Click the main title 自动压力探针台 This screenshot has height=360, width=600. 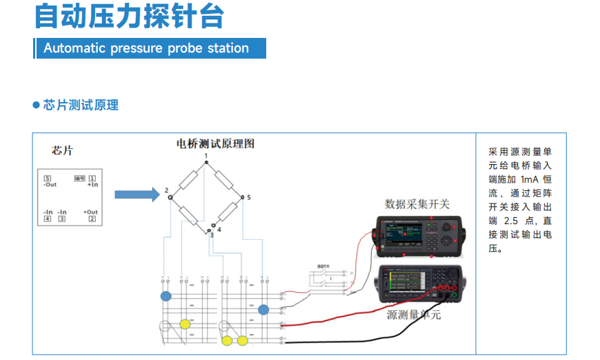[x=129, y=16]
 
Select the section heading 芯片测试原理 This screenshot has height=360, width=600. [x=81, y=105]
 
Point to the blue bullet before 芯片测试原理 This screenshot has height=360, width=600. [x=36, y=105]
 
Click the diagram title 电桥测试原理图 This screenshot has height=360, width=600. [x=216, y=144]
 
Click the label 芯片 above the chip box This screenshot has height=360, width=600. [x=62, y=150]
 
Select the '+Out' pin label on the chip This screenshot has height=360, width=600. [x=90, y=212]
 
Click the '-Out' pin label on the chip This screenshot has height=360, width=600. [x=50, y=185]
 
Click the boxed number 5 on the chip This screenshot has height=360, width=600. [x=48, y=179]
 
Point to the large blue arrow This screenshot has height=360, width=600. [x=137, y=194]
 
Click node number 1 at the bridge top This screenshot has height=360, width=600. [x=206, y=157]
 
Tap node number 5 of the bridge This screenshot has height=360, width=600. [x=248, y=198]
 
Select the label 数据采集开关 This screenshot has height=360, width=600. [x=417, y=204]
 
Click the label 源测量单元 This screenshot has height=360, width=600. [x=413, y=315]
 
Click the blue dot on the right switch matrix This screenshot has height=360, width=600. [x=263, y=310]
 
